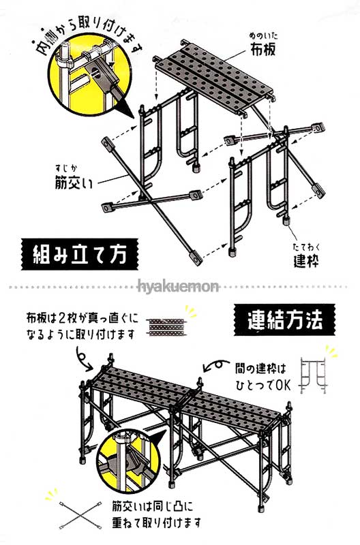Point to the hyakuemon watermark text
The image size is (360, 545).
pyautogui.click(x=179, y=287)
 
